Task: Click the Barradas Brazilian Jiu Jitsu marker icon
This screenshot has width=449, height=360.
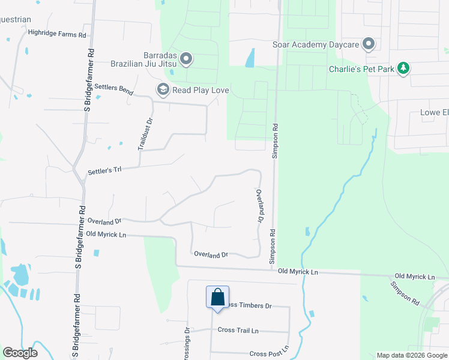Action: pos(186,59)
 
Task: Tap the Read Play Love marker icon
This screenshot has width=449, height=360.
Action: pos(162,90)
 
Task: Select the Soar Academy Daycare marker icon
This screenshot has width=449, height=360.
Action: pos(369,44)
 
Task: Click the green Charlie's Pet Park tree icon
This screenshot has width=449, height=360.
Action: pos(405,68)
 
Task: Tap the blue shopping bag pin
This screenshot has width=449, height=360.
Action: pos(217,297)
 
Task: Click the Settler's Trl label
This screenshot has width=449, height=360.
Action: pos(104,170)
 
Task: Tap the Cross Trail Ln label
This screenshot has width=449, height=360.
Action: pos(238,330)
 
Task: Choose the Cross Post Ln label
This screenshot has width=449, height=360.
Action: pos(269,354)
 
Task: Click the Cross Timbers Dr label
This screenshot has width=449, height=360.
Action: pos(247,305)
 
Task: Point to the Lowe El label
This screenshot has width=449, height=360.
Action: pos(433,113)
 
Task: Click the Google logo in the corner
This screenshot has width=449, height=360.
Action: pos(20,353)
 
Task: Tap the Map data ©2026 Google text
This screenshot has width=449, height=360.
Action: pos(411,355)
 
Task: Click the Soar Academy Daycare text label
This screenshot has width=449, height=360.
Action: pos(315,45)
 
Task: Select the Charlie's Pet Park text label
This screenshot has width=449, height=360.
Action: pos(361,69)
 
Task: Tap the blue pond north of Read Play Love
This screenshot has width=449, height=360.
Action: pos(250,58)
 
